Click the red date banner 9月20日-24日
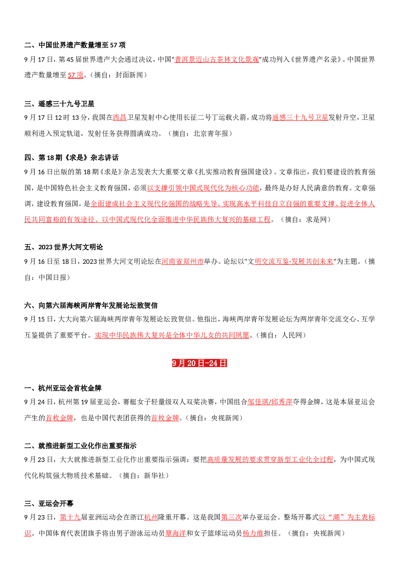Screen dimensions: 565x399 [x=199, y=363]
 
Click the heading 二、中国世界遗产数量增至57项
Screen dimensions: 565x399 [x=75, y=45]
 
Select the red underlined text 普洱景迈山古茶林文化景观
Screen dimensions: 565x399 [x=217, y=59]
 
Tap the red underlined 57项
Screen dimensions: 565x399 [x=75, y=75]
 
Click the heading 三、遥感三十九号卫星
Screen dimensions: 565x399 [x=59, y=104]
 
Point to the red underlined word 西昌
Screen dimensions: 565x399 [x=120, y=118]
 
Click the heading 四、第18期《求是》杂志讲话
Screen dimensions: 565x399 [x=71, y=158]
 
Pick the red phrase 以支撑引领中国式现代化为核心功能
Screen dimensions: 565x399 [x=203, y=188]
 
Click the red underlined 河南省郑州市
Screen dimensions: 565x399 [x=182, y=261]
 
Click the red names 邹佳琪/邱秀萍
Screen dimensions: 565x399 [x=270, y=402]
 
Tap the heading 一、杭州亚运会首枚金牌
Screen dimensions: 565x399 [x=63, y=388]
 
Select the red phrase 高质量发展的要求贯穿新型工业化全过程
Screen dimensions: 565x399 [x=270, y=459]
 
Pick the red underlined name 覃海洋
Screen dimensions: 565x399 [x=175, y=533]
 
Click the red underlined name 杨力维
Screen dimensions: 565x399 [x=253, y=533]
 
